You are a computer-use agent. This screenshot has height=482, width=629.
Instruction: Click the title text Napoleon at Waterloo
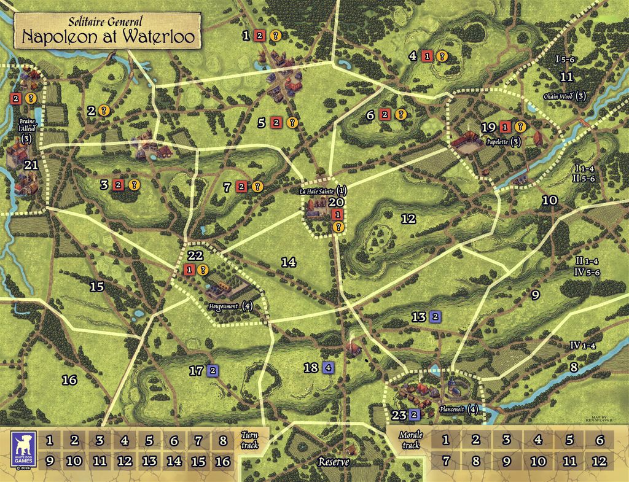tap(109, 36)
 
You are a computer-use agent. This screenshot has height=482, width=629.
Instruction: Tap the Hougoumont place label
tap(224, 306)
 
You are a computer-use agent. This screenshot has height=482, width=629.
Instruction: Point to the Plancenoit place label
tap(453, 409)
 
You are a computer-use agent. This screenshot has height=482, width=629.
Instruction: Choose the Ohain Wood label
tap(560, 96)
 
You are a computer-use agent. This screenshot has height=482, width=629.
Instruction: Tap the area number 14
tap(289, 262)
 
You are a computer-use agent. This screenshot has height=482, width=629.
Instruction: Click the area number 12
tap(408, 218)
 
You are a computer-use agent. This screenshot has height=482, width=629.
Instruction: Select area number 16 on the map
tap(69, 380)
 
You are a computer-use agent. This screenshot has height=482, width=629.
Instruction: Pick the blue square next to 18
tap(328, 368)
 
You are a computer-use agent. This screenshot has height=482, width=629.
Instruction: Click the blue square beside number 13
tap(435, 317)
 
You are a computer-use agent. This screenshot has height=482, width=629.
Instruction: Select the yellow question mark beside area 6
tap(400, 114)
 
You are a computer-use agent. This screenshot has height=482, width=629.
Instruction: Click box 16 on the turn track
tap(223, 461)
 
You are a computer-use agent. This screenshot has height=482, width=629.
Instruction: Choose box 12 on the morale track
tap(600, 461)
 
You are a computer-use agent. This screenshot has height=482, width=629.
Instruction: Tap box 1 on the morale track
tap(445, 440)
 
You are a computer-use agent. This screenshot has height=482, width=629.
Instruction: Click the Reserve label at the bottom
tap(334, 462)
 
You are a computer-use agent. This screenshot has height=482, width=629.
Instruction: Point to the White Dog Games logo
tap(23, 449)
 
